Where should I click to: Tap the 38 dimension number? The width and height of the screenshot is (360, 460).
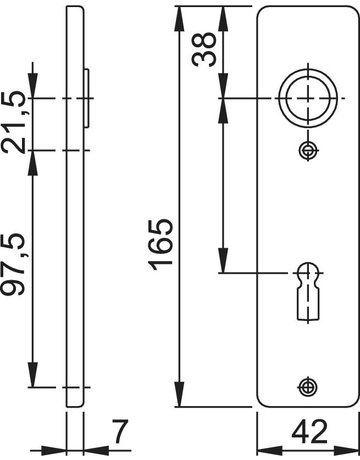(x=204, y=49)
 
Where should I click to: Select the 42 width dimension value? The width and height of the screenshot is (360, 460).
(x=310, y=432)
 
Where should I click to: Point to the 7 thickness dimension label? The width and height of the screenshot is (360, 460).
(x=120, y=432)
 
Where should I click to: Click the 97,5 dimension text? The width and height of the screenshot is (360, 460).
(x=12, y=264)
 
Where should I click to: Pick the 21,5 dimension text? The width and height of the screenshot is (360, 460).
(x=12, y=122)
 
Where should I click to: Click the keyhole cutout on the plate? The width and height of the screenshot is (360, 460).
(x=307, y=292)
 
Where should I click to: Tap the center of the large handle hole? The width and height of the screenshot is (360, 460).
(x=308, y=98)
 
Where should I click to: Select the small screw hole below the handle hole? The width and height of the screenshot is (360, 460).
(x=308, y=151)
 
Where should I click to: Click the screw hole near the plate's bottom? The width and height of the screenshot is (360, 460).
(x=308, y=387)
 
